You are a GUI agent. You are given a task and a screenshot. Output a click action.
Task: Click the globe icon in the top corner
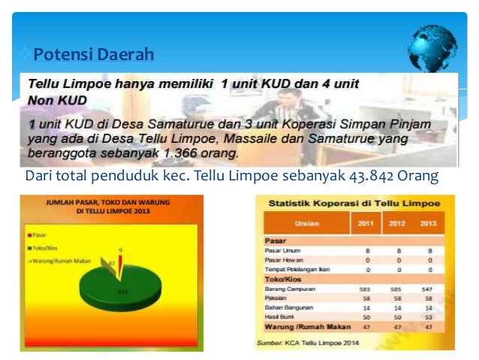432,48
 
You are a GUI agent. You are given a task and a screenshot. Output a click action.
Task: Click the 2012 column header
396,223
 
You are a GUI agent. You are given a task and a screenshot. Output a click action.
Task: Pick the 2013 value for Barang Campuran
427,289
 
